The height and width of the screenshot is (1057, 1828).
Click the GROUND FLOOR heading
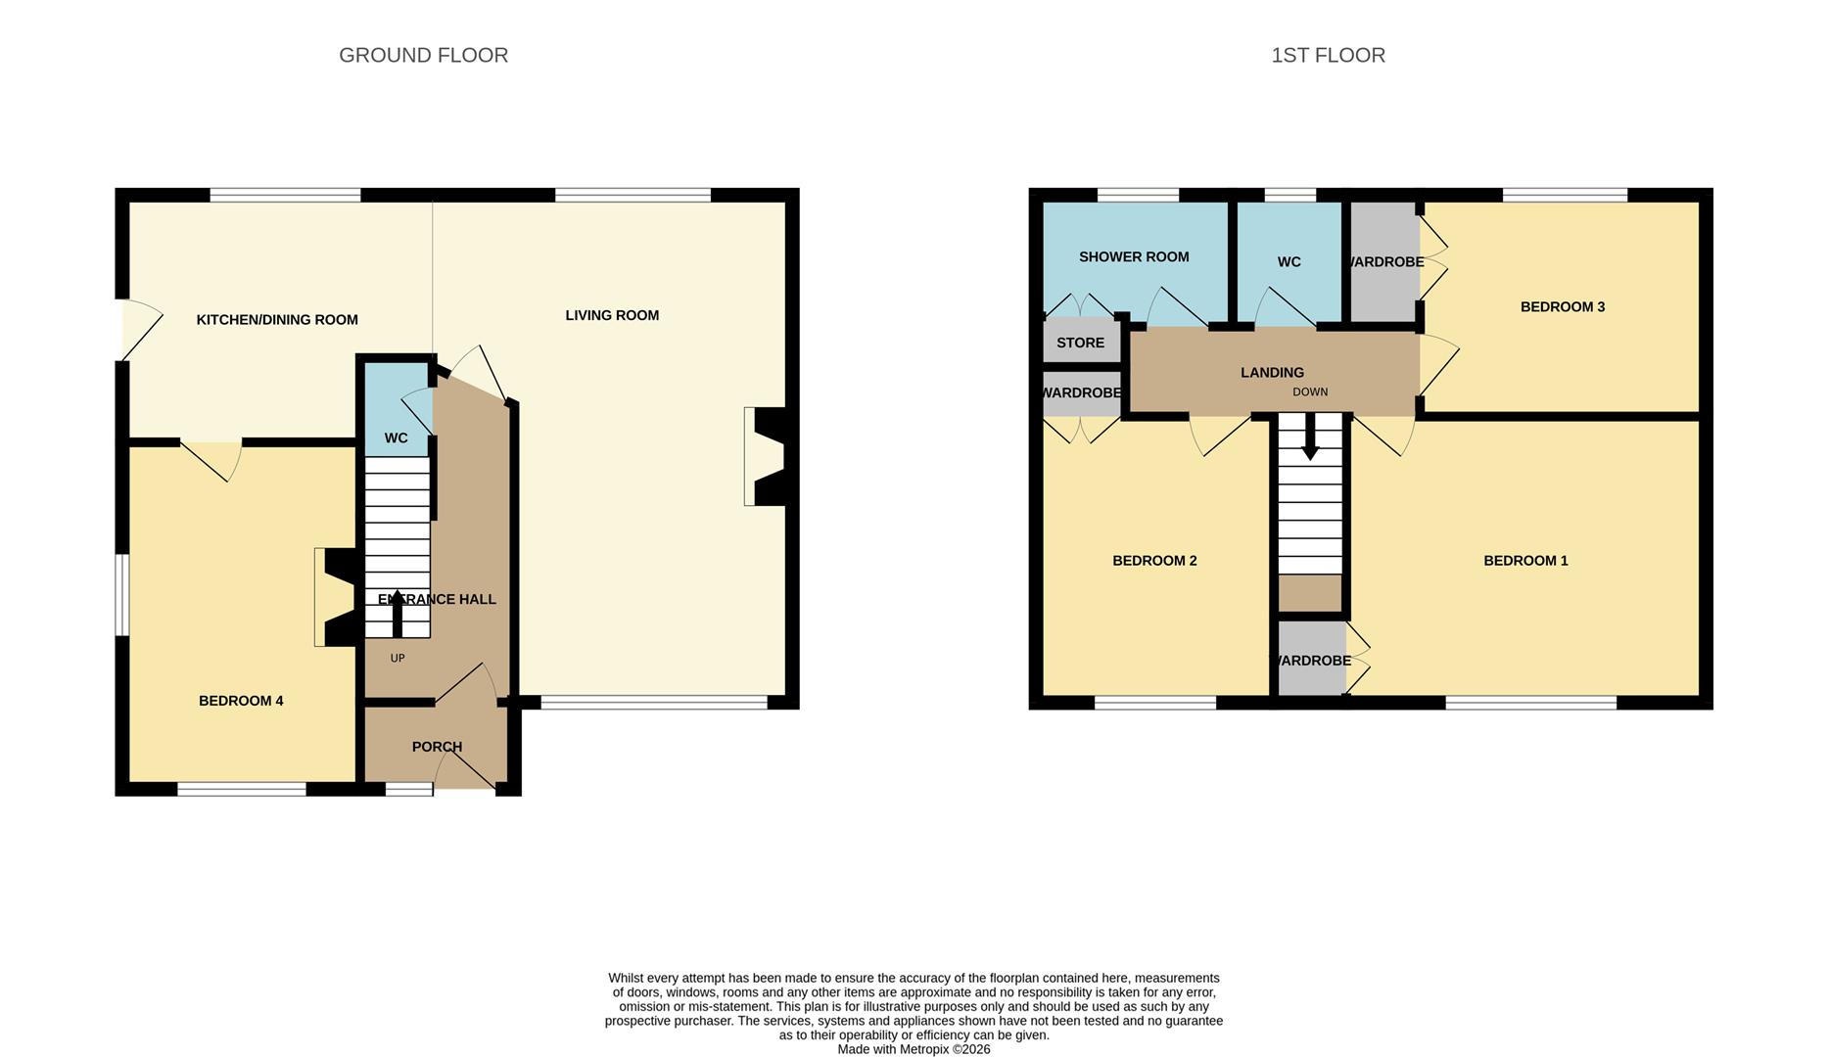(423, 56)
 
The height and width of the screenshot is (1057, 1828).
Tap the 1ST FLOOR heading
(1328, 56)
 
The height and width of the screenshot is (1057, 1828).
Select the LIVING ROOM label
(612, 315)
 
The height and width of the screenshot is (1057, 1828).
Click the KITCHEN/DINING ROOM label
(277, 320)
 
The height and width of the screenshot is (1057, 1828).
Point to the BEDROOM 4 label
(241, 701)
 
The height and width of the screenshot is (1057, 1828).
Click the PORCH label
(437, 747)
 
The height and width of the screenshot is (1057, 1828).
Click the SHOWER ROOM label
(1134, 257)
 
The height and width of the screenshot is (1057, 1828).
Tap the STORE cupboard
(1080, 343)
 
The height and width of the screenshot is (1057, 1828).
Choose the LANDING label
(1272, 373)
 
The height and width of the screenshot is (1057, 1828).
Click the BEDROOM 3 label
(1562, 307)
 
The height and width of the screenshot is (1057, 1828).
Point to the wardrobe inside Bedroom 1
(1312, 661)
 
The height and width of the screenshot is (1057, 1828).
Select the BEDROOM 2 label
(1154, 561)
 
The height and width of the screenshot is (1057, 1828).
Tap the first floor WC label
(1289, 262)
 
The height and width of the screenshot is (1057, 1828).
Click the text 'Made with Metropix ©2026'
(914, 1049)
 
